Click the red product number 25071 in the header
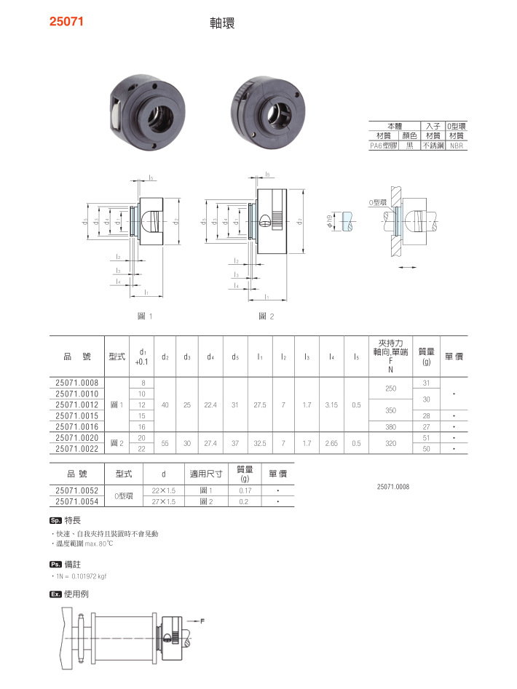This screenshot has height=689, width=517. coord(66,22)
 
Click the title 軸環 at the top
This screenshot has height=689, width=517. coord(221,23)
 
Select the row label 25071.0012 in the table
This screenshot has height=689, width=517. coord(77,405)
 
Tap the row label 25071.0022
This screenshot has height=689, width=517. coord(77,449)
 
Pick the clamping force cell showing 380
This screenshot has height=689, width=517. coord(390,427)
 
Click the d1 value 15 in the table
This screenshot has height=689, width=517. coord(141,415)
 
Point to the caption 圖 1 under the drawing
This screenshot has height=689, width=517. coord(144,316)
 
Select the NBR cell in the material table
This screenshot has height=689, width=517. coord(456,146)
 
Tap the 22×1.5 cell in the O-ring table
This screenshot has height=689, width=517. coord(165,490)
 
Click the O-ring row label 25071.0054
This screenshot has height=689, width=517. coord(77,501)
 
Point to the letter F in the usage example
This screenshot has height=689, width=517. coord(202,621)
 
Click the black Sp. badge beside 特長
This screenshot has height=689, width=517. coord(55,521)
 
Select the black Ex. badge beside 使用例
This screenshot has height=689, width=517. coord(55,594)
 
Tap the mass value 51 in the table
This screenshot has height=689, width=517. coord(426,438)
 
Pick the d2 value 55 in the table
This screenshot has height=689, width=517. coord(165,443)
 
